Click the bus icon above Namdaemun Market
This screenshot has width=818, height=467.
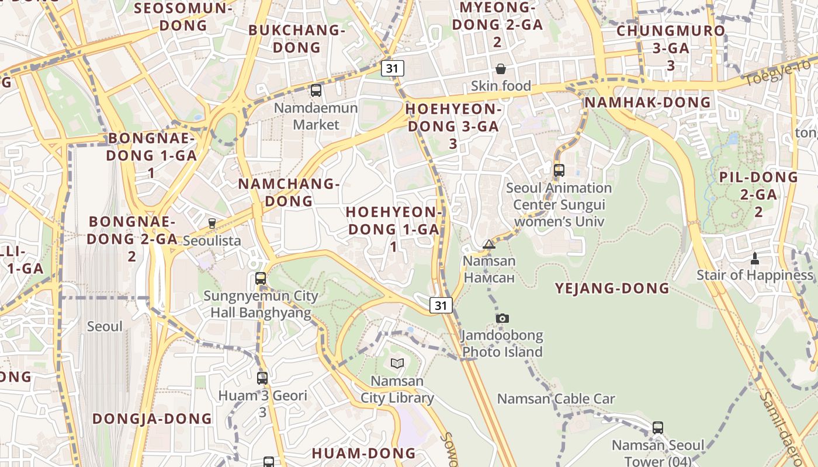316,90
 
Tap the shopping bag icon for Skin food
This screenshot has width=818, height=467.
501,69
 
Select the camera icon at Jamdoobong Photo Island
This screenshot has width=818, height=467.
502,318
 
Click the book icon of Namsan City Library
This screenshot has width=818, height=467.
397,364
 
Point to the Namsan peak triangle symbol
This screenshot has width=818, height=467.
489,244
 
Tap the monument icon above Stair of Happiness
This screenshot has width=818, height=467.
754,258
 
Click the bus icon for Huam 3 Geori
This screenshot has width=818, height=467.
262,378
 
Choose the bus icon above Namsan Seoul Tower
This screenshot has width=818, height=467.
658,428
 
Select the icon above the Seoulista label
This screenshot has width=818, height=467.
212,223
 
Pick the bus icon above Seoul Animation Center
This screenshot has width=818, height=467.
559,170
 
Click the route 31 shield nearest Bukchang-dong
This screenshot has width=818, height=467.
392,68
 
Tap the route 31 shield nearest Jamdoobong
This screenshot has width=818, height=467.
441,305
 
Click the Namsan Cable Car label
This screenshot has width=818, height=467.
556,399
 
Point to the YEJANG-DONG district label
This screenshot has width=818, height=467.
612,288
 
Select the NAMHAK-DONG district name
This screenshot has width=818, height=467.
648,103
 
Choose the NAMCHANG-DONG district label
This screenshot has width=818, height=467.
289,193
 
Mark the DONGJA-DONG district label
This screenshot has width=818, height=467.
152,419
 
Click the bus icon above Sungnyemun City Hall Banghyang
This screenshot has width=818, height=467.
261,278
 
